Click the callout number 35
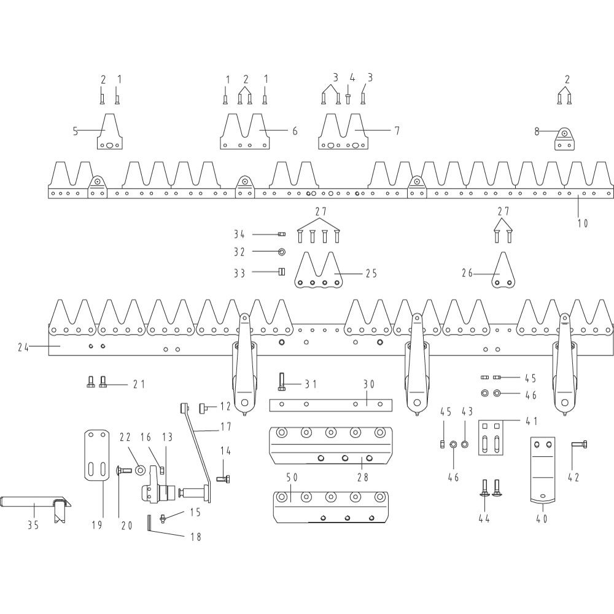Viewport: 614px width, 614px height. tap(33, 525)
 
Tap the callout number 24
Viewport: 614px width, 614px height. tap(23, 347)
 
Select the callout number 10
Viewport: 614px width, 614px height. tap(583, 223)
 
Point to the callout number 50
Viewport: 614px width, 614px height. tap(292, 477)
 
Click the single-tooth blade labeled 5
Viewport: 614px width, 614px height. tap(110, 131)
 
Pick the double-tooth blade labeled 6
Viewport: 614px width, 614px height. tap(245, 131)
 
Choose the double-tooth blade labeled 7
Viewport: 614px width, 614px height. tap(343, 131)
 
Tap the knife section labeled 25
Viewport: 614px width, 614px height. tap(318, 271)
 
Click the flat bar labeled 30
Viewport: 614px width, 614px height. tap(331, 405)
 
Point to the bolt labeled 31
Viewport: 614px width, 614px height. tap(282, 381)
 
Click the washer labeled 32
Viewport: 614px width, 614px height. tap(282, 251)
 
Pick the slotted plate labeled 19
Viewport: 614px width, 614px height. tap(97, 454)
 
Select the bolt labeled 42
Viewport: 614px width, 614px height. tap(579, 444)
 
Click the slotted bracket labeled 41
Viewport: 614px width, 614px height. tap(491, 438)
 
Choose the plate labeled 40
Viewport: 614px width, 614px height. tap(543, 470)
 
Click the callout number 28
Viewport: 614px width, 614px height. tap(363, 477)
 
